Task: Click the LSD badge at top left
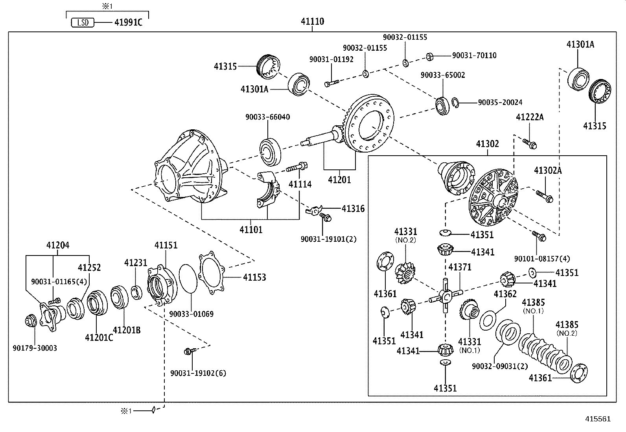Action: tap(83, 22)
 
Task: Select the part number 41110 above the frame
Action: tap(313, 22)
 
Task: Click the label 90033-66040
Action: tap(267, 117)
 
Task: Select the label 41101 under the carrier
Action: tap(251, 230)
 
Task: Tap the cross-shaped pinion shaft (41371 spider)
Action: tap(446, 296)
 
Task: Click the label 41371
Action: tap(460, 267)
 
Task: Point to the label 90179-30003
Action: tap(35, 348)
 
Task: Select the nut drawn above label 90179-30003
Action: tap(30, 320)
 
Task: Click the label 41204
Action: tap(57, 245)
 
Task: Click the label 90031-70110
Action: tap(474, 56)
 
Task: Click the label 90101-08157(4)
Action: tap(541, 259)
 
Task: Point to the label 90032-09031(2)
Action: tap(500, 366)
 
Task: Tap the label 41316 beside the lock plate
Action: tap(353, 209)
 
